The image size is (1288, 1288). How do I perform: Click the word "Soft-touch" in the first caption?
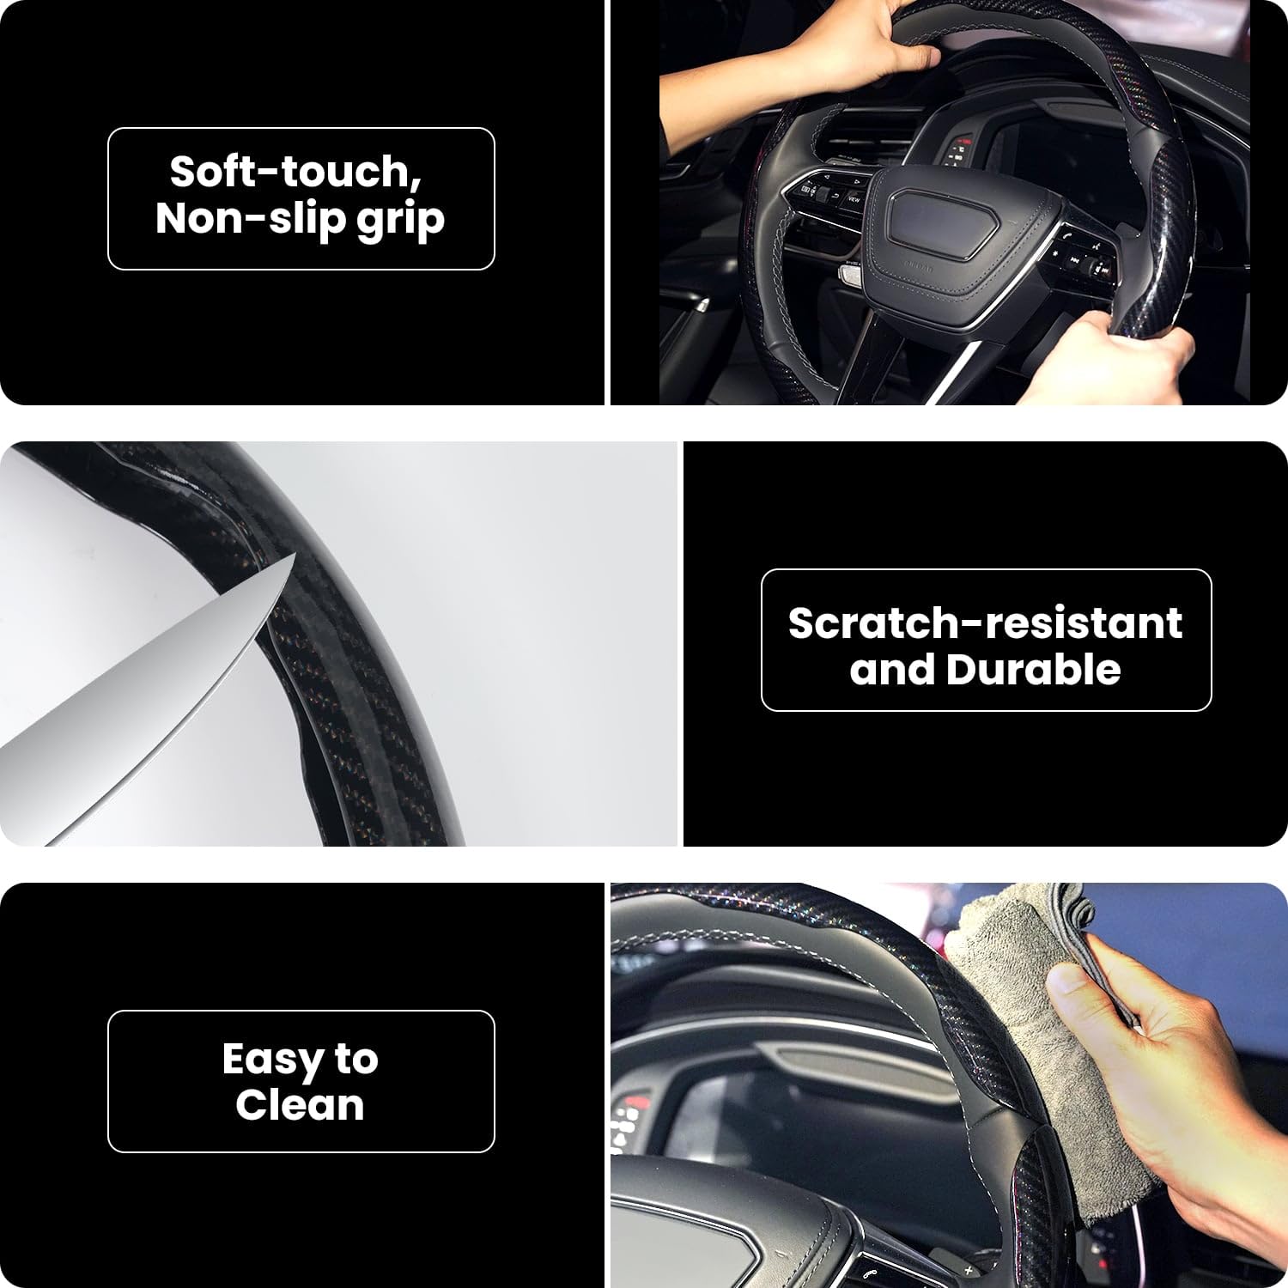click(x=295, y=172)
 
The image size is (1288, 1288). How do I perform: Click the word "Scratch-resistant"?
click(x=985, y=623)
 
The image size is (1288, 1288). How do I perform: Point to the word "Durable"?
click(x=1033, y=670)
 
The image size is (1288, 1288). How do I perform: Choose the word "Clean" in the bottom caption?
click(x=300, y=1105)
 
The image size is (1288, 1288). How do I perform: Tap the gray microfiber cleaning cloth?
click(x=1030, y=1013)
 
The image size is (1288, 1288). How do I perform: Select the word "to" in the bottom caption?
click(x=355, y=1059)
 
